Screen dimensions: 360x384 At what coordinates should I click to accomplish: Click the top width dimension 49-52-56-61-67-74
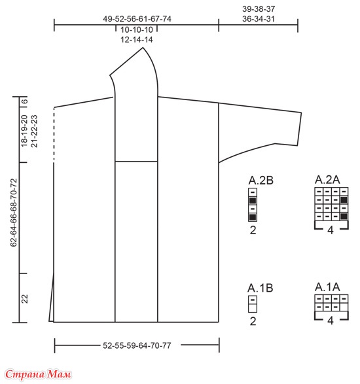click(137, 19)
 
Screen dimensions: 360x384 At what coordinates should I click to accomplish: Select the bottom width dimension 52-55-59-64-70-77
click(137, 345)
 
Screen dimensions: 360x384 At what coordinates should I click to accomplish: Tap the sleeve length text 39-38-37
click(259, 9)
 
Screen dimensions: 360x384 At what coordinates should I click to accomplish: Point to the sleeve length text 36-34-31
click(259, 19)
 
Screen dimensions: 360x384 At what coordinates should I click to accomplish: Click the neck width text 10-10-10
click(137, 30)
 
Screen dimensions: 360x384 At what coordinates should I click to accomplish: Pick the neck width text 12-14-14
click(137, 40)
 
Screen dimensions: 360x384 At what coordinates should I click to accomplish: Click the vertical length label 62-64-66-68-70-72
click(14, 213)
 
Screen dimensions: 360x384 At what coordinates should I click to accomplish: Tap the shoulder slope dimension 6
click(25, 101)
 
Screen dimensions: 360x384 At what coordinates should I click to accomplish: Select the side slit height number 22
click(25, 299)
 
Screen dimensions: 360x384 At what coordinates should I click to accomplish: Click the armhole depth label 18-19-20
click(24, 131)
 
